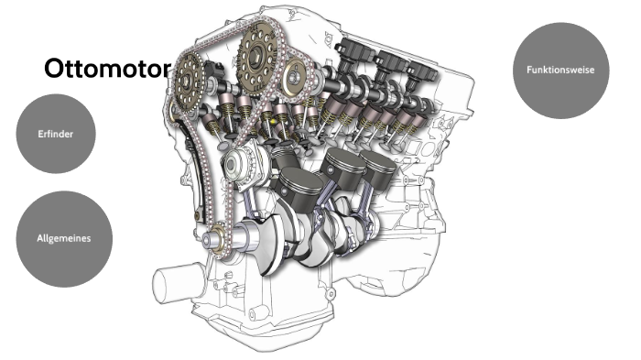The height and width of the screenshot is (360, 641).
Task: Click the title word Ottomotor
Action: point(107,68)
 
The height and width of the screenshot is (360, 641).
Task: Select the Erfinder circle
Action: point(56,134)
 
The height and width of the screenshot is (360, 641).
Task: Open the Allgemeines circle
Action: point(64,239)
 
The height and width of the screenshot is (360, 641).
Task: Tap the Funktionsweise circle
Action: point(560,71)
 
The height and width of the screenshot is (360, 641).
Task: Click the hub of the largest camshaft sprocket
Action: point(257,55)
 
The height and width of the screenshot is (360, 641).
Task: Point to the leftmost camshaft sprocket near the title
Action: point(188,82)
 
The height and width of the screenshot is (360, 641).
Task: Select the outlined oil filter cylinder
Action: point(173,282)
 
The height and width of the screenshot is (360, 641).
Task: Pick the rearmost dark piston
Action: point(378,169)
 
